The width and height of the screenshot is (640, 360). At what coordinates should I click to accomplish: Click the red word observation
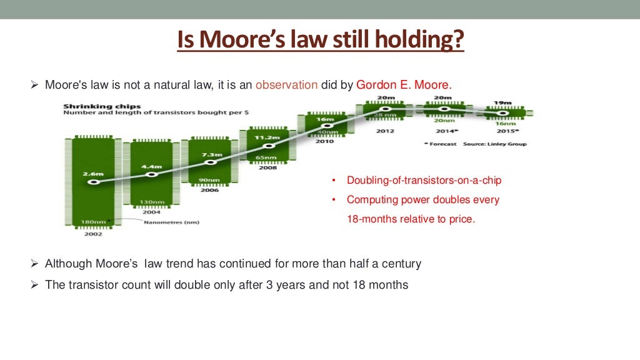click(x=286, y=85)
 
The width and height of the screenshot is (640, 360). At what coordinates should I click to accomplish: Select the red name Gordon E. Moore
click(x=403, y=85)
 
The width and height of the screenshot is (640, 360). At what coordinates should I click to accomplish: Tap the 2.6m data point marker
click(x=94, y=182)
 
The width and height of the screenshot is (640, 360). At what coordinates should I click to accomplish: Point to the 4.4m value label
click(x=152, y=167)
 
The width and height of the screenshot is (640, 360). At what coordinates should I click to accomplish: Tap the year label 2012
click(x=386, y=131)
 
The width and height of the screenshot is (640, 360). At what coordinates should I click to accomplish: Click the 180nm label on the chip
click(x=92, y=221)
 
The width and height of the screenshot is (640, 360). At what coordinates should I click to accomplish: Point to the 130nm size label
click(x=152, y=202)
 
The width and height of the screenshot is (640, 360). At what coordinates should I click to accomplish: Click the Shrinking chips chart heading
click(x=102, y=106)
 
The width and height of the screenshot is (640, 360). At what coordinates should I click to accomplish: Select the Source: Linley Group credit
click(x=496, y=144)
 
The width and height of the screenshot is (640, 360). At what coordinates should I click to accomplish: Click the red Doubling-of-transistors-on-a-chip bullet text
click(x=424, y=181)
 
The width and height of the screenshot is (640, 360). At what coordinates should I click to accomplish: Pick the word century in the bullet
click(x=397, y=264)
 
